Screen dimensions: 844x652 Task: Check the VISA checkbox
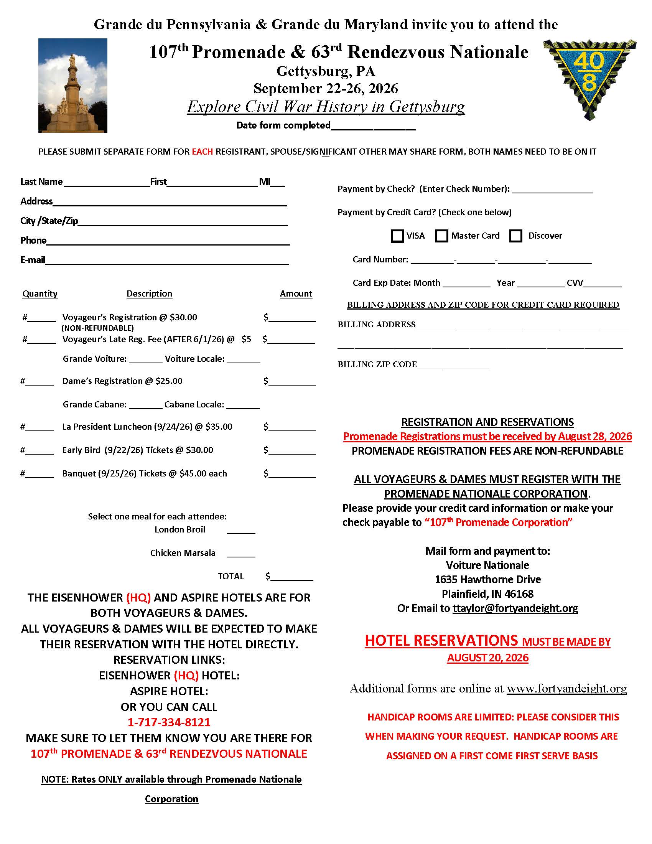[397, 236]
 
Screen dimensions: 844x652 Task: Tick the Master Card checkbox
[441, 236]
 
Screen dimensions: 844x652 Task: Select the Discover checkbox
[515, 236]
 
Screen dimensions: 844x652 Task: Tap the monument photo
[72, 86]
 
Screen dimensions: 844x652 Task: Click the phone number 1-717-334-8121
[169, 722]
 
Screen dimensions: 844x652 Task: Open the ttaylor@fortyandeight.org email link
[515, 608]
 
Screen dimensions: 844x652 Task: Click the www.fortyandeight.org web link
[566, 688]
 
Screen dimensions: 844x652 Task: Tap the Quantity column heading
[40, 294]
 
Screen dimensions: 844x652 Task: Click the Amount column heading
[296, 294]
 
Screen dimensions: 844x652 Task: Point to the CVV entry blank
[602, 284]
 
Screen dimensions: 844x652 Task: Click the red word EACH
[203, 152]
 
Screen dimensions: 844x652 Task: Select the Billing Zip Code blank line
[453, 365]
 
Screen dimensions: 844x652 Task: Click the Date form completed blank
[373, 126]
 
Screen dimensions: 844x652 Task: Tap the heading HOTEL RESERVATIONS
[441, 641]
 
